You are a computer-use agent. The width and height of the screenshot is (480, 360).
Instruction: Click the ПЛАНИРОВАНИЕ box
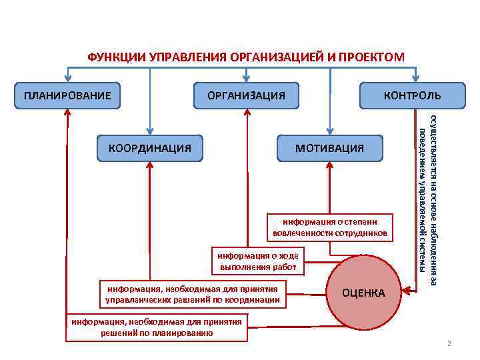pos(67,95)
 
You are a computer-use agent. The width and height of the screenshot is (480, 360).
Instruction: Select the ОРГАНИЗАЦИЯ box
pos(246,95)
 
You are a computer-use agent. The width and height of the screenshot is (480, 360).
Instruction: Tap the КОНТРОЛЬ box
pos(412,95)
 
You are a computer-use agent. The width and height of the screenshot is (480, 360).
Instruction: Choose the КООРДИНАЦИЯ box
pos(149,147)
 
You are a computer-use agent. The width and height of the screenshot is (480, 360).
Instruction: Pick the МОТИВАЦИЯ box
pos(330,147)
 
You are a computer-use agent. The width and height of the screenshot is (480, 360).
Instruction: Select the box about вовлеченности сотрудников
pos(330,227)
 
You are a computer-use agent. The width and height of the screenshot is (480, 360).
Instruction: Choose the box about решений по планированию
pos(157,326)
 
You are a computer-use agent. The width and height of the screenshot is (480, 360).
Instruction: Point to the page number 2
pos(449,344)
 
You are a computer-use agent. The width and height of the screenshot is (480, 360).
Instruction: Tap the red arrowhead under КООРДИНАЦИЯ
pos(149,166)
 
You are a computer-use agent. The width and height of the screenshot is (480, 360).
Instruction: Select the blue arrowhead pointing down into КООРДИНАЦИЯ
pos(149,129)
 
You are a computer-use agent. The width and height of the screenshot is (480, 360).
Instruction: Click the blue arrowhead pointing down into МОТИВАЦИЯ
pos(329,129)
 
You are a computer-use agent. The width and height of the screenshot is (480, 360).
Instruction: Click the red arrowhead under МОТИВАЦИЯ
pos(329,166)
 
